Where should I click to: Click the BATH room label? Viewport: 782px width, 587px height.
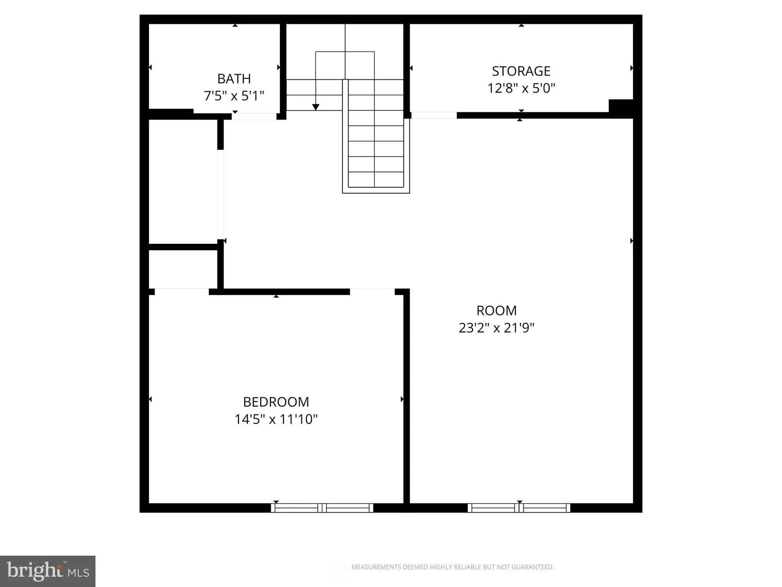pyautogui.click(x=234, y=79)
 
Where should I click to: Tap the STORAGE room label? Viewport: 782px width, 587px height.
pyautogui.click(x=521, y=71)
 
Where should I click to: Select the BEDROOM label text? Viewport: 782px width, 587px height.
pyautogui.click(x=276, y=402)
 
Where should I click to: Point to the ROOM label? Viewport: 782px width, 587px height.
pyautogui.click(x=496, y=311)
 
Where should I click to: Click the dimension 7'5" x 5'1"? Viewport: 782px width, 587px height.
pyautogui.click(x=234, y=96)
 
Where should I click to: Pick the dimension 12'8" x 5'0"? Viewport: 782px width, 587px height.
pyautogui.click(x=521, y=88)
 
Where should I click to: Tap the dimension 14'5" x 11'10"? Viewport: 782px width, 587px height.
pyautogui.click(x=276, y=419)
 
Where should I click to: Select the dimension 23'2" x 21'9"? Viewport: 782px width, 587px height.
pyautogui.click(x=496, y=328)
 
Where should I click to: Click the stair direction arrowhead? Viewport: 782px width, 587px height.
pyautogui.click(x=316, y=107)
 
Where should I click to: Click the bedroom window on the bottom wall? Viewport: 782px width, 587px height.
pyautogui.click(x=322, y=508)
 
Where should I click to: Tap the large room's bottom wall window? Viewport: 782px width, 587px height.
pyautogui.click(x=519, y=508)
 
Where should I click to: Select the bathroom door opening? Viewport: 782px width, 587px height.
pyautogui.click(x=254, y=116)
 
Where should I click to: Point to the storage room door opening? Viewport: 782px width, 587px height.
pyautogui.click(x=434, y=115)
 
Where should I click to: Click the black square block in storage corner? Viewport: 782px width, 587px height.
pyautogui.click(x=621, y=106)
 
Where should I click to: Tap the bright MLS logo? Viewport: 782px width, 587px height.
pyautogui.click(x=48, y=571)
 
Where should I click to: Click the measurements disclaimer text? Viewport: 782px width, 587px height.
pyautogui.click(x=452, y=567)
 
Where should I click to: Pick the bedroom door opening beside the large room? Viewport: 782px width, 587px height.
pyautogui.click(x=372, y=292)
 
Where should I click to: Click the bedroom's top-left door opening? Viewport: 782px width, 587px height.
pyautogui.click(x=182, y=292)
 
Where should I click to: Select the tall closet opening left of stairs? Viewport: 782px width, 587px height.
pyautogui.click(x=221, y=194)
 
